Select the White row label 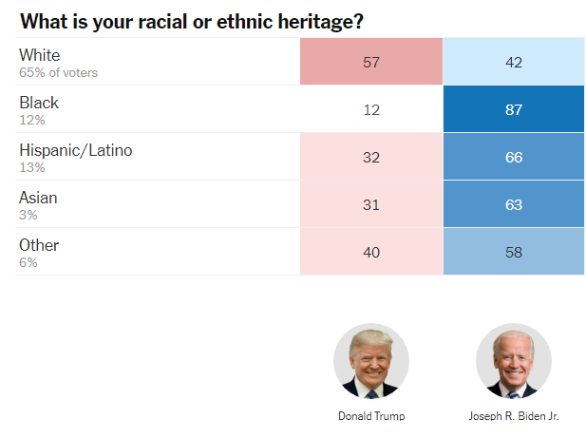pyautogui.click(x=39, y=55)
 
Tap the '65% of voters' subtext pyautogui.click(x=58, y=72)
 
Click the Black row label pyautogui.click(x=39, y=103)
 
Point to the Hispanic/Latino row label pyautogui.click(x=76, y=150)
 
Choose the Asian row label pyautogui.click(x=38, y=198)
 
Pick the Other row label pyautogui.click(x=39, y=245)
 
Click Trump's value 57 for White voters pyautogui.click(x=371, y=63)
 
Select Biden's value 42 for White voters pyautogui.click(x=514, y=63)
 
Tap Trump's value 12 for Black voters pyautogui.click(x=371, y=110)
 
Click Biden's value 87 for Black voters pyautogui.click(x=514, y=110)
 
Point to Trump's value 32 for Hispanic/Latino pyautogui.click(x=371, y=158)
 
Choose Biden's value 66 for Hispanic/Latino pyautogui.click(x=514, y=158)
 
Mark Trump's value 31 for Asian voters pyautogui.click(x=371, y=205)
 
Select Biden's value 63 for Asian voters pyautogui.click(x=514, y=205)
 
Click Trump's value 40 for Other pyautogui.click(x=371, y=253)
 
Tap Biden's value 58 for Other pyautogui.click(x=514, y=253)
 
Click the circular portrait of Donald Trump pyautogui.click(x=371, y=361)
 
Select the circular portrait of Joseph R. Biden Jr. pyautogui.click(x=514, y=361)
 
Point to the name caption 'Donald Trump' pyautogui.click(x=371, y=416)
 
